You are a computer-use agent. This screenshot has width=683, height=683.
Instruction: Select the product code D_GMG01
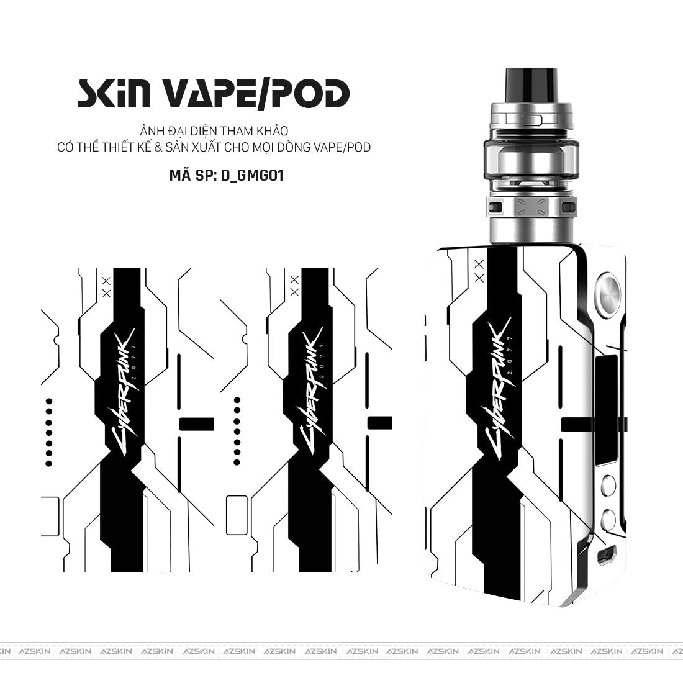click(x=252, y=175)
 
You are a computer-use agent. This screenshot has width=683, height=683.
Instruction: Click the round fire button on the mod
click(x=608, y=291)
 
